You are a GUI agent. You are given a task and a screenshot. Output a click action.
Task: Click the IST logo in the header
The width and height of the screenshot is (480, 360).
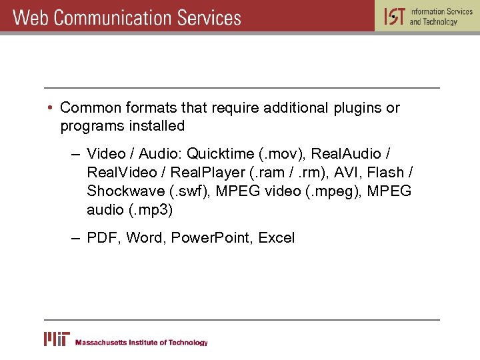click(394, 16)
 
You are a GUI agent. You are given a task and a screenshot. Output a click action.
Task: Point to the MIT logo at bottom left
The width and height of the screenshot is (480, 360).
click(57, 339)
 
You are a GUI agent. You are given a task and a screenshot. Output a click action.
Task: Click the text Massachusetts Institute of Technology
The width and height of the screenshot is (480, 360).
click(141, 343)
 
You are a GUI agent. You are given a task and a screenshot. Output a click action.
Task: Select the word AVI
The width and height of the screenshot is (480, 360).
click(347, 172)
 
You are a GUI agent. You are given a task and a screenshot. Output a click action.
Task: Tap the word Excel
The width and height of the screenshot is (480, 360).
click(276, 238)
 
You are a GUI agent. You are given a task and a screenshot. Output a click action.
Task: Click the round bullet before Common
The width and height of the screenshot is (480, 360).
click(51, 108)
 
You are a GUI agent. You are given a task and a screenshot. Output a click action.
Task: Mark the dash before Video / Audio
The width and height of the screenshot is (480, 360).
click(77, 154)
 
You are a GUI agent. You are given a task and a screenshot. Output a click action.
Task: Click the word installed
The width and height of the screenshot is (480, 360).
click(155, 125)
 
